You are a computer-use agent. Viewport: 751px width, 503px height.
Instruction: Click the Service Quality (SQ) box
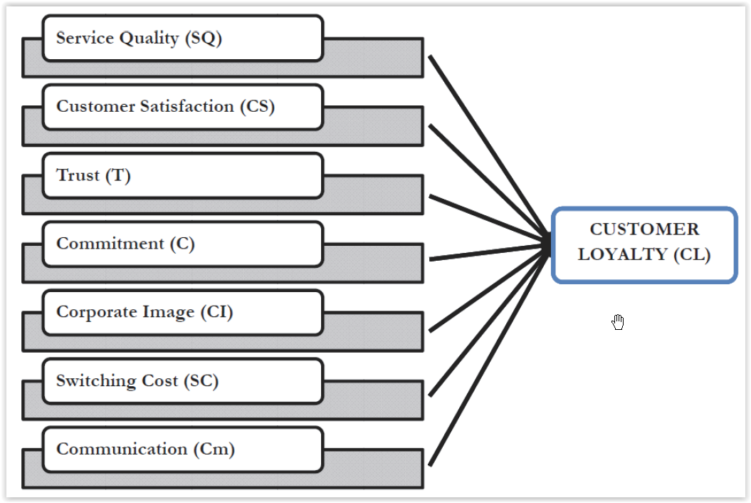[182, 38]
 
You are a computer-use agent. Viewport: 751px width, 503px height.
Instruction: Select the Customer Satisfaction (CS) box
[182, 107]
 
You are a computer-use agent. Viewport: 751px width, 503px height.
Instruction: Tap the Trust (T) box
[182, 175]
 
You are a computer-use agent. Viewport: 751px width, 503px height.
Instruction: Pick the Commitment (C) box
[182, 244]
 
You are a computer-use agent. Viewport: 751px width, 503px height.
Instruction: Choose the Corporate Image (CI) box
[182, 312]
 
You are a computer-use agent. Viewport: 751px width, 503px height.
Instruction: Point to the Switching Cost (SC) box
[182, 380]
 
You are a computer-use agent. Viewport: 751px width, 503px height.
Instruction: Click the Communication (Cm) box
[182, 449]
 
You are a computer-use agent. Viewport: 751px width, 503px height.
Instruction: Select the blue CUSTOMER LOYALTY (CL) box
[644, 244]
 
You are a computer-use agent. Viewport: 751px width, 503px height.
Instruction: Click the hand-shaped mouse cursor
[618, 323]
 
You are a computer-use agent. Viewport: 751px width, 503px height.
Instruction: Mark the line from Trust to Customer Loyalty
[484, 217]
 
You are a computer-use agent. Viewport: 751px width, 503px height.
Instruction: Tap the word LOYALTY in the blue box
[622, 254]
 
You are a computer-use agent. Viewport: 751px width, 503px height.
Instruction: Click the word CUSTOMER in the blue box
[644, 229]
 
